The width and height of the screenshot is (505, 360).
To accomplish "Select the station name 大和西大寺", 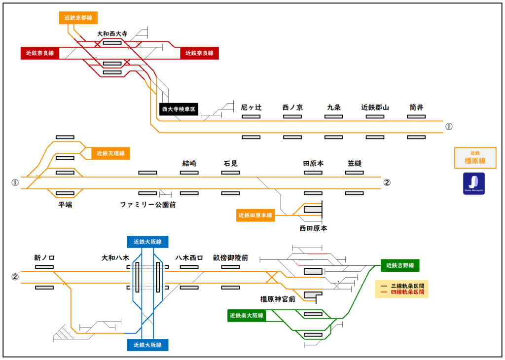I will point(112,34).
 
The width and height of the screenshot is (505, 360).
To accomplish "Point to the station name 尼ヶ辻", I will point(251,107).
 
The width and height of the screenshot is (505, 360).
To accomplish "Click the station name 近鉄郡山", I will point(375,107).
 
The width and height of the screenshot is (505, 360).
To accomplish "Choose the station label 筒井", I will point(417,107).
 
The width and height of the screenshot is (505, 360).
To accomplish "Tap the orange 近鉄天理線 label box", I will point(111,153).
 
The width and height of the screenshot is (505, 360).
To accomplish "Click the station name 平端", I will point(65,204).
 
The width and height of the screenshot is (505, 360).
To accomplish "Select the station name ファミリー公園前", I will point(148,204).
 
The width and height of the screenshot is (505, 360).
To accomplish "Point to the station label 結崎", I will point(189,163).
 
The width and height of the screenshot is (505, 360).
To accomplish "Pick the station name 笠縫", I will point(355,163).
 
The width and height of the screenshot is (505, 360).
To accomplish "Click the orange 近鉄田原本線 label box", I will point(256,215).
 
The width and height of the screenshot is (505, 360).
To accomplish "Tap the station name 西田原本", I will point(313,228).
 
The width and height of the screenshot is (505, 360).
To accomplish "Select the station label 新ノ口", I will point(44,257).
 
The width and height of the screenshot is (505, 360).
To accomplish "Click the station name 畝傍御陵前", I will point(230,257).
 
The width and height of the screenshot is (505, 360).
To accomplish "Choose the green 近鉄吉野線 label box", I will point(400,266).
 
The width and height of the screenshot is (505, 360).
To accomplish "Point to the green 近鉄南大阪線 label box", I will point(247,315).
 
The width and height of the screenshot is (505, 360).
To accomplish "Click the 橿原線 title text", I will point(475,161).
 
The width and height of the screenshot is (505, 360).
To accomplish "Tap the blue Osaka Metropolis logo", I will point(473,183).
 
